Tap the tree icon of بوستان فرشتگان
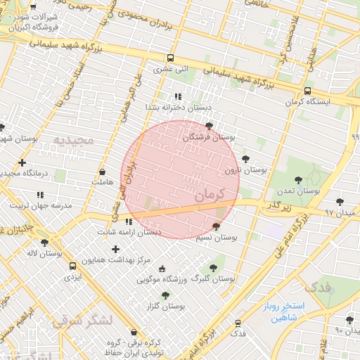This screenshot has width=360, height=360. click(209, 127)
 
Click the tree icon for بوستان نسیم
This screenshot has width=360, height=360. click(215, 226)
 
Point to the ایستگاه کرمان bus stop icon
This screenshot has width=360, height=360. click(307, 91)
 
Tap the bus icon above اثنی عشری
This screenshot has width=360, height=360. click(170, 58)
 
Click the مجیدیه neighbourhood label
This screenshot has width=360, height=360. click(73, 140)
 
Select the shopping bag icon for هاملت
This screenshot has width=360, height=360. click(102, 172)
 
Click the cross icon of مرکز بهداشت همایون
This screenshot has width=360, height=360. click(115, 249)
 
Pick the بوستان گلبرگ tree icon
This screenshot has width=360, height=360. click(213, 267)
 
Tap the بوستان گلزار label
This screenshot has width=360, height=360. click(166, 307)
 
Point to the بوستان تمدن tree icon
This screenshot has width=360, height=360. click(299, 180)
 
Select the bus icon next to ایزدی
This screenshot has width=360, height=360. click(73, 266)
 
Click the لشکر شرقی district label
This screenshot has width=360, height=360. click(82, 321)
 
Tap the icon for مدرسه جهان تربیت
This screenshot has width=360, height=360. click(39, 194)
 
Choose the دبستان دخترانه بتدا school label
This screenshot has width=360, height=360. click(178, 107)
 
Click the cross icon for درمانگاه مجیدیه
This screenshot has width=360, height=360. click(22, 162)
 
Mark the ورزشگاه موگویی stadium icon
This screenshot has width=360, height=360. click(162, 269)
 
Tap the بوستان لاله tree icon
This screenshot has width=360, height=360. click(45, 243)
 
